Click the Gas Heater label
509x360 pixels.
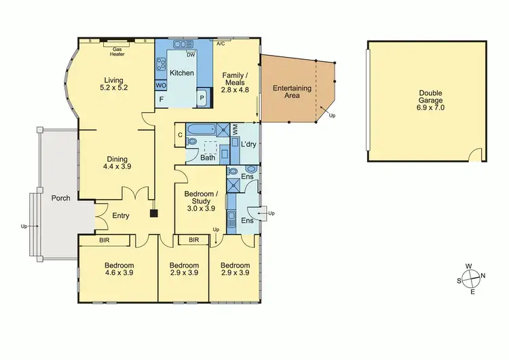tap(117, 52)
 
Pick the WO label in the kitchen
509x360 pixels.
tap(161, 86)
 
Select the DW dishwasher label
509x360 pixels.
tap(191, 55)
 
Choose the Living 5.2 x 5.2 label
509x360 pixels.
tap(113, 84)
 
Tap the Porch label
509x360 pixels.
tap(61, 199)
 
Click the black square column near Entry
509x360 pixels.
tap(154, 213)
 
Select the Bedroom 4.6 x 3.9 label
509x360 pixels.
tap(119, 269)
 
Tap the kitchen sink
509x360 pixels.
tap(183, 45)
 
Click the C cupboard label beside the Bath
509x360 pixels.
tap(180, 134)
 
